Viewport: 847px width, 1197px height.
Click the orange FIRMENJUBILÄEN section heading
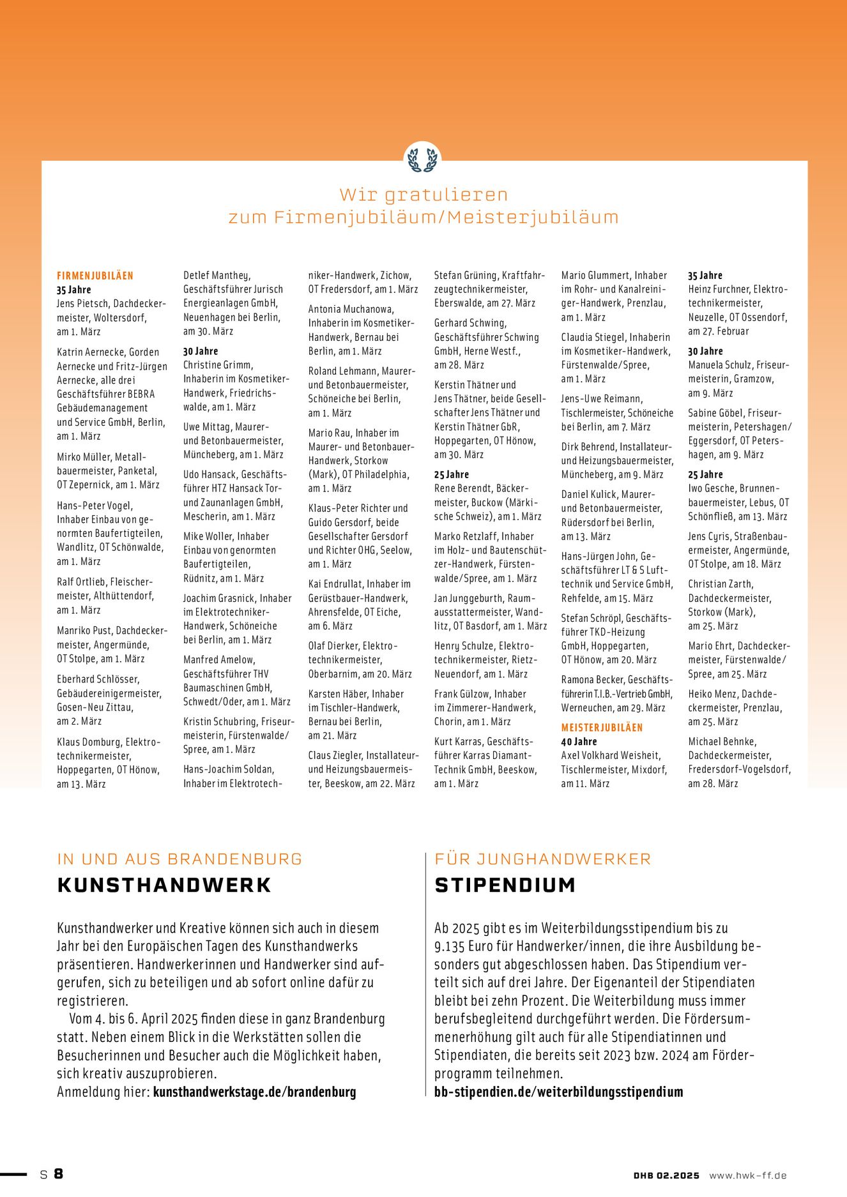pos(95,276)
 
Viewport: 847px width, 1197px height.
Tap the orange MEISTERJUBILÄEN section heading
pos(602,728)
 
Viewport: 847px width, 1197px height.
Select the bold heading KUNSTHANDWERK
pos(164,885)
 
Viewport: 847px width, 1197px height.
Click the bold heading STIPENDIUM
pos(505,885)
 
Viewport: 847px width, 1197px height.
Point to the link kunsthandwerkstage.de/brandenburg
pos(254,1092)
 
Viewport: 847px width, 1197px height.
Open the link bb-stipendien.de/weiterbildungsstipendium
pos(558,1092)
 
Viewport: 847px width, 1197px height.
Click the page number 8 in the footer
pos(58,1173)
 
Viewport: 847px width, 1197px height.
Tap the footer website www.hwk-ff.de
pos(747,1175)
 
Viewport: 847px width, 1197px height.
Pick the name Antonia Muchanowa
pos(351,309)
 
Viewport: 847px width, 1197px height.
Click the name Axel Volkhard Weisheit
pos(610,756)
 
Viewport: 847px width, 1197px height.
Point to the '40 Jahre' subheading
pos(579,742)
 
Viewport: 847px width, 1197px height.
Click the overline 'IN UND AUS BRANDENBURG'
pos(179,859)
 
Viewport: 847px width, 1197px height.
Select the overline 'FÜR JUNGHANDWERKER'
pos(542,859)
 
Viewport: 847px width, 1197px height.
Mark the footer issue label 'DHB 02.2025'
pos(666,1175)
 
